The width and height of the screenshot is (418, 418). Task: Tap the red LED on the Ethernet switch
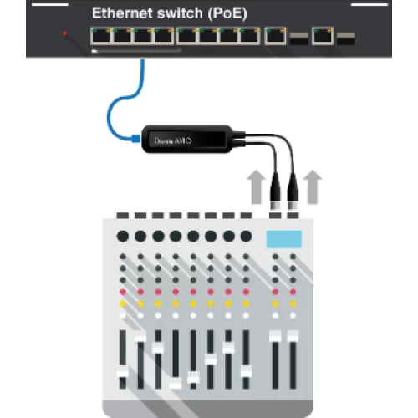coord(64,35)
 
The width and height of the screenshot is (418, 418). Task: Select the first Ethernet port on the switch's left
coord(101,35)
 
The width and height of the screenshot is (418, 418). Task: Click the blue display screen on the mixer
coord(283,238)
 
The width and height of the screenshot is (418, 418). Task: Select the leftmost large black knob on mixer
coord(123,236)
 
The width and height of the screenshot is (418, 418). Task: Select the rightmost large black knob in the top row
coord(245,236)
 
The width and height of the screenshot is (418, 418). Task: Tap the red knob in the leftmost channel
coord(123,292)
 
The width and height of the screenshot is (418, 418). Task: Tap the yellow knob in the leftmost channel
coord(123,303)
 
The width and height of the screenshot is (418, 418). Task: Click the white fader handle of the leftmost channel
coord(123,373)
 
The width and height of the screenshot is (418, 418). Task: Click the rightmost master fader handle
coord(293,336)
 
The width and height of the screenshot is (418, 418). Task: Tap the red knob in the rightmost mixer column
coord(293,292)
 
